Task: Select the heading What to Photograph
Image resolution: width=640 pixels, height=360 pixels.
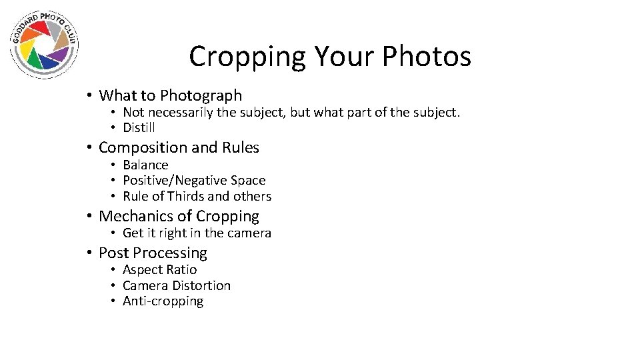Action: coord(170,96)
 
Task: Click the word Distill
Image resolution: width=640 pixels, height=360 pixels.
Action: coord(139,127)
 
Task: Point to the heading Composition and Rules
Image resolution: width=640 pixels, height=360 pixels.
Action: coord(179,147)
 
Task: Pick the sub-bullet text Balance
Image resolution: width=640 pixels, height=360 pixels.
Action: coord(145,165)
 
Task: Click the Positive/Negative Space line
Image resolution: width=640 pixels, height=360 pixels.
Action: coord(194,180)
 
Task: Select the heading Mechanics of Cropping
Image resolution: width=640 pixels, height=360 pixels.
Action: coord(179,216)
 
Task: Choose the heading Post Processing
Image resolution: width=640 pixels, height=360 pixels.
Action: coord(153,253)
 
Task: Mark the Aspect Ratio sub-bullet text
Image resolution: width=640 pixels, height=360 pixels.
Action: coord(159,269)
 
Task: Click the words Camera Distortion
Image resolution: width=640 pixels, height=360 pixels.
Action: coord(177,285)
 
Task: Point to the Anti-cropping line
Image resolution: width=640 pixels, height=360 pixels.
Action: coord(163,301)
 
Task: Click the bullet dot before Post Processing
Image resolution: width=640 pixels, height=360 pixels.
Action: coord(88,253)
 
